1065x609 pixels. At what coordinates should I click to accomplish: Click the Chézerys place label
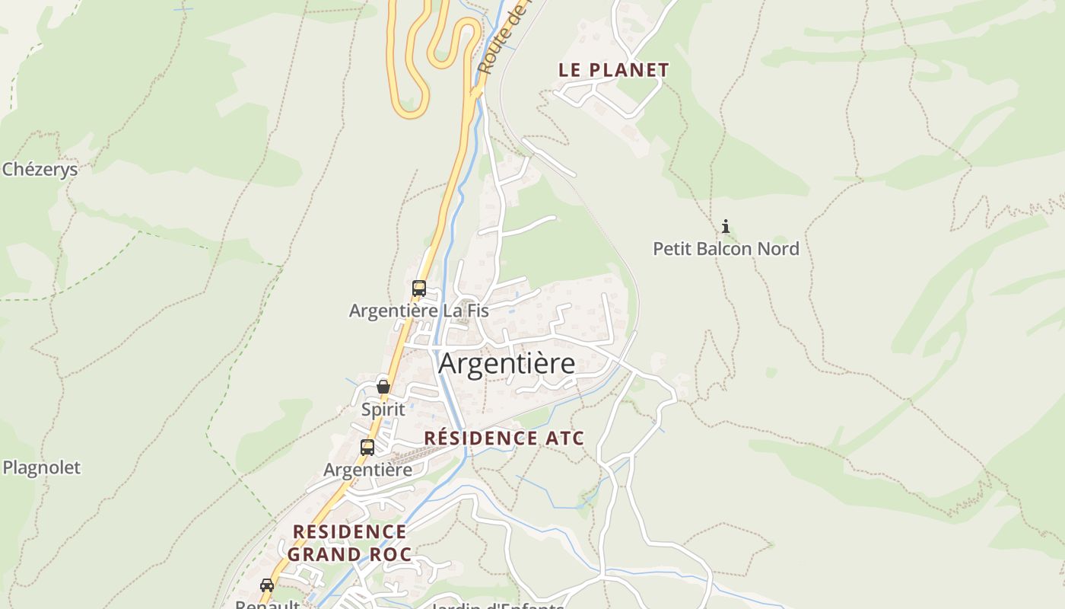click(x=40, y=169)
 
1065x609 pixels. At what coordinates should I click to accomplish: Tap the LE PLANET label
click(x=613, y=70)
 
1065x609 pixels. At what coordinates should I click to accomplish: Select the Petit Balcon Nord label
click(x=726, y=249)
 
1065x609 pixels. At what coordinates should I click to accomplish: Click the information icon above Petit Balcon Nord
click(x=726, y=226)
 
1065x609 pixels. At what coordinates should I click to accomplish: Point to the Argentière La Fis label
click(x=418, y=311)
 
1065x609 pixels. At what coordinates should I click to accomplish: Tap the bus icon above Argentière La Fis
click(x=418, y=289)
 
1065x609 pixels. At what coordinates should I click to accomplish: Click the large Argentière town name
click(x=507, y=364)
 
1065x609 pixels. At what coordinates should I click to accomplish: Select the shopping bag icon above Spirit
click(x=383, y=387)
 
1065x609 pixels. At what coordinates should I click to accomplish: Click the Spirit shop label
click(x=383, y=409)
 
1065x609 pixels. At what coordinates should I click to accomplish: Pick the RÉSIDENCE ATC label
click(x=504, y=438)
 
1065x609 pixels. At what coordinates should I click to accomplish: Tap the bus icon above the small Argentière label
click(x=367, y=447)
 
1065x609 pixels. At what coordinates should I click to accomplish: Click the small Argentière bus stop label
click(x=367, y=470)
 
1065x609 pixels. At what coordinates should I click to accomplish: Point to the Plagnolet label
click(x=41, y=467)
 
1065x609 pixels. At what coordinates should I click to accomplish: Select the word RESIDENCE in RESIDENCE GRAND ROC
click(x=349, y=531)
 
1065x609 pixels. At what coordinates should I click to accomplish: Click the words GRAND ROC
click(x=349, y=554)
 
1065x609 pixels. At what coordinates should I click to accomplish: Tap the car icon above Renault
click(x=267, y=585)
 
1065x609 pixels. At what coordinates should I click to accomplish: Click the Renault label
click(x=266, y=604)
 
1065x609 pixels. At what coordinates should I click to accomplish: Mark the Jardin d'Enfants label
click(x=497, y=606)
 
